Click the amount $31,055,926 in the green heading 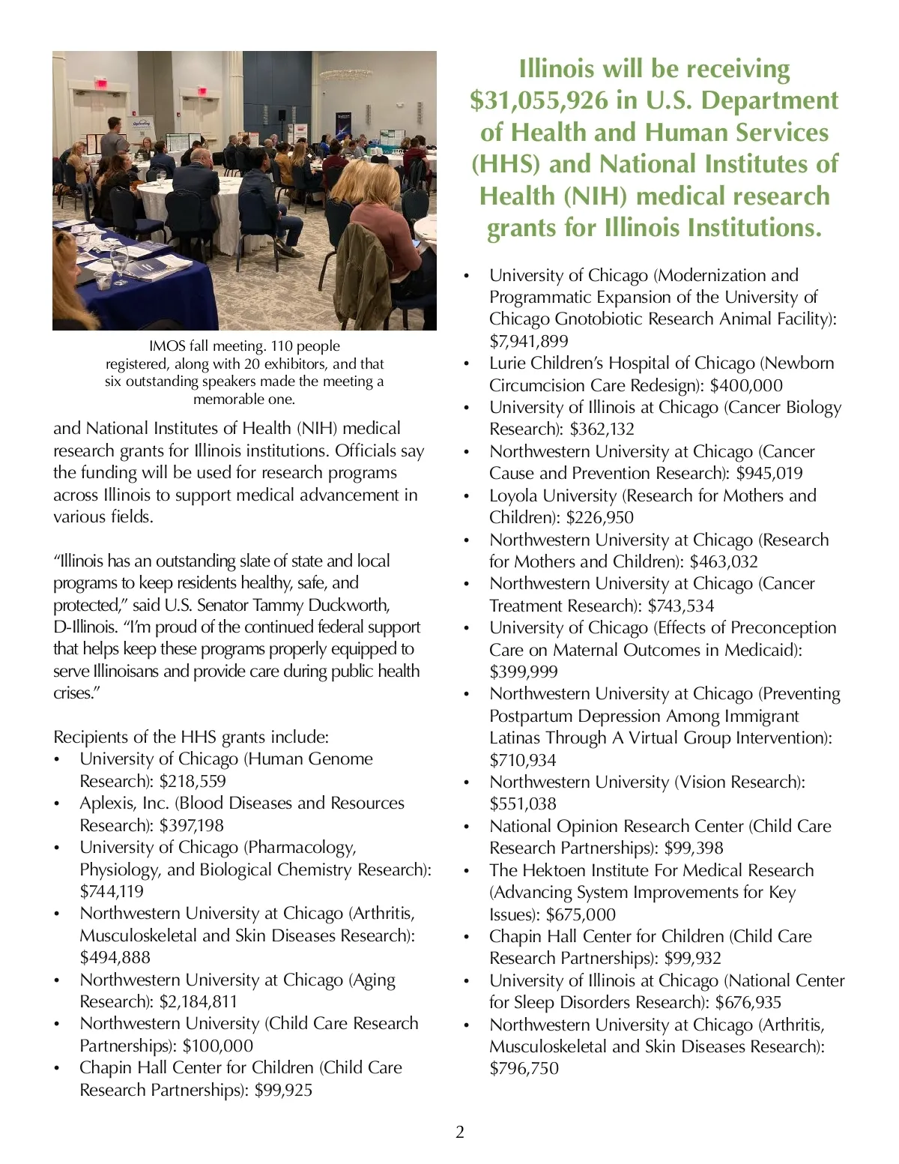[x=539, y=100]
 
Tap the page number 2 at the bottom [x=460, y=1132]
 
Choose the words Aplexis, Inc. [x=124, y=803]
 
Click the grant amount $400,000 [x=746, y=385]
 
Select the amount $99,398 [x=694, y=848]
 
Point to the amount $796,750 [x=524, y=1068]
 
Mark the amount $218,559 [x=193, y=781]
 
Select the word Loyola [x=516, y=495]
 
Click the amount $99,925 [x=283, y=1090]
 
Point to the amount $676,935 [x=748, y=1002]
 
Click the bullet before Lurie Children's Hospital [x=467, y=364]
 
